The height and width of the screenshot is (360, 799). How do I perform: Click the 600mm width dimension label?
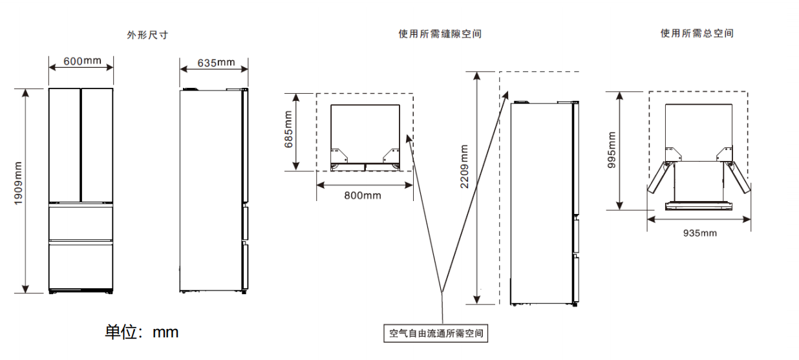point(82,61)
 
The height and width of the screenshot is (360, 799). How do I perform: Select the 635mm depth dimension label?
point(216,62)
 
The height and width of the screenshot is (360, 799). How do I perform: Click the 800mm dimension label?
point(363,195)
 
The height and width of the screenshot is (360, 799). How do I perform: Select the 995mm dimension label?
point(612,151)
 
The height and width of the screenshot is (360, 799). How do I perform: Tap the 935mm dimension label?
point(699,233)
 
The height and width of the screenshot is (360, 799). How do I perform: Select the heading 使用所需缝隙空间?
point(440,34)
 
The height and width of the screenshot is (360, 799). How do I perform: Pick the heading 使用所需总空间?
point(696,34)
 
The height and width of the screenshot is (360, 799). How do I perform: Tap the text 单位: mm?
point(142,332)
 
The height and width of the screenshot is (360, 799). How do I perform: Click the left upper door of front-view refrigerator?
point(65,145)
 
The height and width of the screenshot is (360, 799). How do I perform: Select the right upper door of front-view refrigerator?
point(98,145)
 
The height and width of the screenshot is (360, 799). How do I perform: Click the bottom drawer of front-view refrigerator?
point(81,265)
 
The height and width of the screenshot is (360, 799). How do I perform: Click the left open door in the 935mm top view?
point(659,178)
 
